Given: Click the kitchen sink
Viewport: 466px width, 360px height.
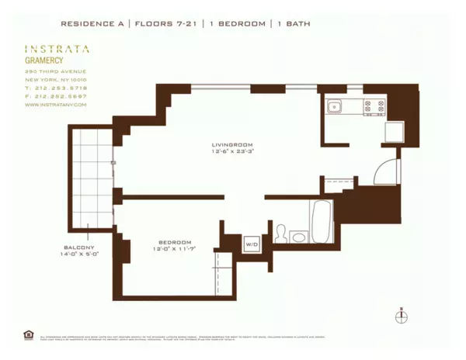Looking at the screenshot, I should pos(335,107).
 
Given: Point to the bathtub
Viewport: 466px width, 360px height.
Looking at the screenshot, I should pos(321,221).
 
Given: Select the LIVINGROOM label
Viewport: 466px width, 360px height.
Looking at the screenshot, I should pos(232,144).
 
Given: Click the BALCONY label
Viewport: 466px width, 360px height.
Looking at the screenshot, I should pos(78,247).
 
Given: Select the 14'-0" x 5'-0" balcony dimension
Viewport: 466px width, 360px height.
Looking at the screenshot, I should pos(78,254).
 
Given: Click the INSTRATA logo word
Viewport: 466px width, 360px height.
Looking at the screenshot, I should pos(57,48).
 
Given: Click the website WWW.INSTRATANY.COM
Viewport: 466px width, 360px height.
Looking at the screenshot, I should pos(56,105).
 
